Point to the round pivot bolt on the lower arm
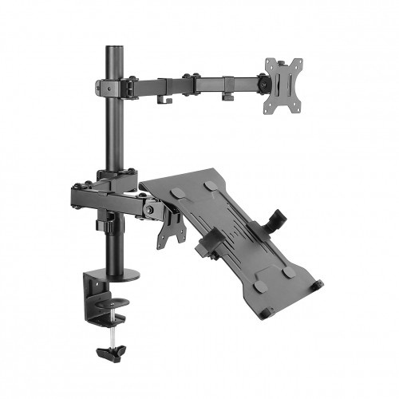click(148, 210)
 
